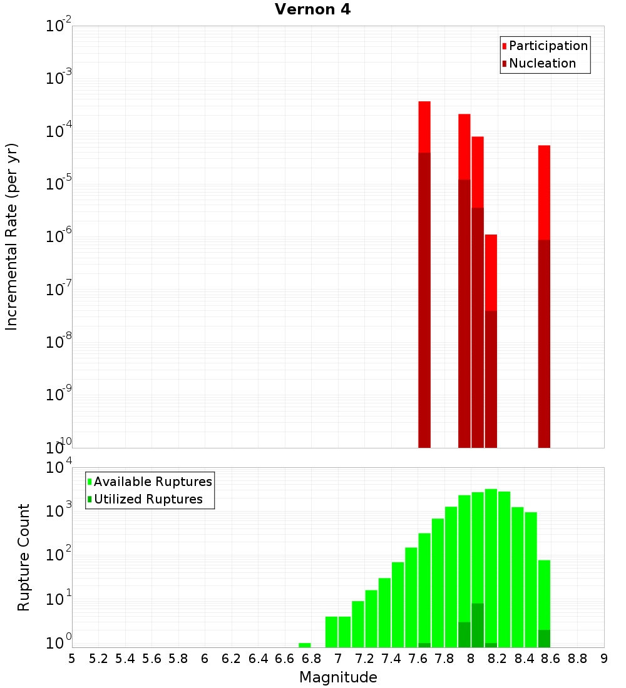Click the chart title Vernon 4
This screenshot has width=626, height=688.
point(312,9)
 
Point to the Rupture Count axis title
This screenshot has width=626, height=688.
point(24,557)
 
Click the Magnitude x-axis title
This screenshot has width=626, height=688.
point(338,677)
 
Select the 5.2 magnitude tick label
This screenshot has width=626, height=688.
point(99,658)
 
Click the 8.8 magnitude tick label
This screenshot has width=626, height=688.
point(578,658)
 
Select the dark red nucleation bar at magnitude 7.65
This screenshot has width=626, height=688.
point(424,300)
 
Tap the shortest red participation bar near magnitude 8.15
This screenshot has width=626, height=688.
point(491,272)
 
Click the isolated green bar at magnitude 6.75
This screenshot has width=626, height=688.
point(305,645)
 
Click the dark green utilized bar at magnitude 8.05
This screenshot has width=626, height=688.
point(478,625)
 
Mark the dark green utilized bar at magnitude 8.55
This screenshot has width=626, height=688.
point(544,639)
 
